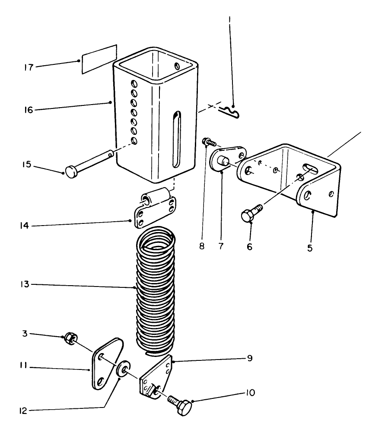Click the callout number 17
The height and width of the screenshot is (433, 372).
29,67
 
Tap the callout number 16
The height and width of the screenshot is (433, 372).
29,110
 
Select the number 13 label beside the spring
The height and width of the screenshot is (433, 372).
25,284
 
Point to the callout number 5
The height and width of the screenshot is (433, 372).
310,248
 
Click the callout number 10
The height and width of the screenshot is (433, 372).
250,392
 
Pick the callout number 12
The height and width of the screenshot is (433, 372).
23,411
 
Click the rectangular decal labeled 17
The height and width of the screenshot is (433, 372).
99,59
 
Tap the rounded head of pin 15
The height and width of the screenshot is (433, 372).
72,172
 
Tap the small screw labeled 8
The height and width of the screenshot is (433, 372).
209,142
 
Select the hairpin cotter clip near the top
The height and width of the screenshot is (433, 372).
230,112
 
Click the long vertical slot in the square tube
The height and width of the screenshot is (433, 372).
177,140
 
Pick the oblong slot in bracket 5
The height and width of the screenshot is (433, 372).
310,168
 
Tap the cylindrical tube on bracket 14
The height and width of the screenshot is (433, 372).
154,197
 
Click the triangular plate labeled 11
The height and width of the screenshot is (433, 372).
107,364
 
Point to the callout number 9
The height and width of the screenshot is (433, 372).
250,358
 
